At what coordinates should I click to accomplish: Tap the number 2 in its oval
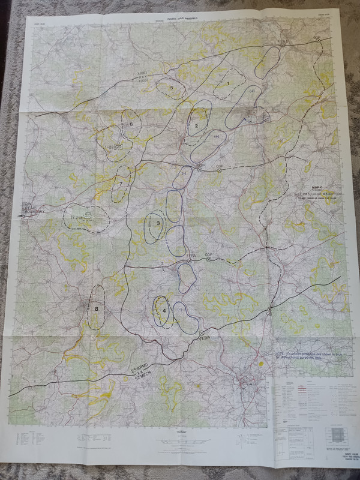pyautogui.click(x=196, y=125)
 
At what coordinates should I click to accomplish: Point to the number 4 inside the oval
pyautogui.click(x=164, y=310)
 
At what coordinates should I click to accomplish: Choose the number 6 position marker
pyautogui.click(x=131, y=124)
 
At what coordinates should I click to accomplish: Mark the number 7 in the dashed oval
pyautogui.click(x=121, y=184)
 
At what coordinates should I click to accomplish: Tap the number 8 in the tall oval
pyautogui.click(x=96, y=309)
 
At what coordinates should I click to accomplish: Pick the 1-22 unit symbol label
pyautogui.click(x=110, y=146)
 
